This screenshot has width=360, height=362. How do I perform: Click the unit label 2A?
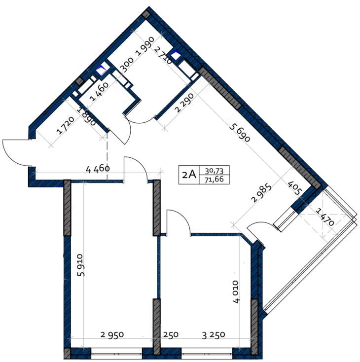(189, 175)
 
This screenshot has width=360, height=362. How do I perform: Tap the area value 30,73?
(214, 171)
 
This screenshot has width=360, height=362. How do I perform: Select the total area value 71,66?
(214, 180)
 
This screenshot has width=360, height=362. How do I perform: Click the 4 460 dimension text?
(98, 170)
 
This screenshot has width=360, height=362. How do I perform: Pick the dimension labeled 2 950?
(112, 334)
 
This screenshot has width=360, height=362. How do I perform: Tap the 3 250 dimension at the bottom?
(214, 335)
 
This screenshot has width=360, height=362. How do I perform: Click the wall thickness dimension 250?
(171, 334)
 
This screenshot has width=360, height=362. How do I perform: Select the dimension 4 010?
(236, 291)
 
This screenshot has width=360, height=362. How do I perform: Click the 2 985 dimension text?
(262, 193)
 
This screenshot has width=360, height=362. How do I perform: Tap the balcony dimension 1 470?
(325, 217)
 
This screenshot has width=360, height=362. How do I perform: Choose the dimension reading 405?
(295, 188)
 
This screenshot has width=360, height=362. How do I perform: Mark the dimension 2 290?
(184, 103)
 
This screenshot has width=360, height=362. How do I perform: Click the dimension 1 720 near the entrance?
(66, 125)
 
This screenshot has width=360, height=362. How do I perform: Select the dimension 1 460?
(99, 92)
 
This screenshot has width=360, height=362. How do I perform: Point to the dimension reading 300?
(127, 65)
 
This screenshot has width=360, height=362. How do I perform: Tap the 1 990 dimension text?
(145, 46)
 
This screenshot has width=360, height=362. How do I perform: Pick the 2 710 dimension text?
(163, 55)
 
